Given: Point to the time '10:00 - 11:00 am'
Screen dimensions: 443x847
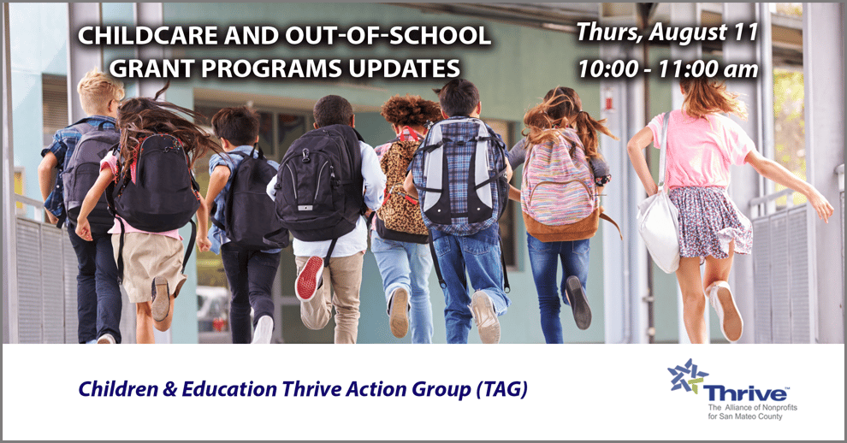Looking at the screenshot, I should point(667,68).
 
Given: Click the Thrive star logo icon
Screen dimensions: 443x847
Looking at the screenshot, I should point(687,377).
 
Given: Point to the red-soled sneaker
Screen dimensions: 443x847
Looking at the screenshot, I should point(309,279).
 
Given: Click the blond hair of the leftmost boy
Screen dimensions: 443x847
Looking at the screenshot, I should point(100,91).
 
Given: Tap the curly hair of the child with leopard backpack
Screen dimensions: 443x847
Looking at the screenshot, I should point(411,111).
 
